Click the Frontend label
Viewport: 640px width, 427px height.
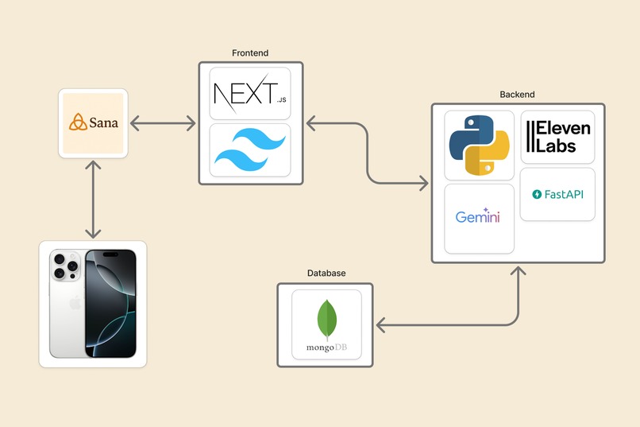click(x=250, y=53)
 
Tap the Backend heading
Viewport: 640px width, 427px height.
click(x=517, y=95)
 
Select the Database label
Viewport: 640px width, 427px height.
click(x=326, y=273)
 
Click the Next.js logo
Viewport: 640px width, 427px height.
click(x=250, y=94)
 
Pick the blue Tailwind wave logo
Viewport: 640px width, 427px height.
click(x=250, y=150)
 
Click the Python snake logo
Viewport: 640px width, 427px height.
click(x=479, y=145)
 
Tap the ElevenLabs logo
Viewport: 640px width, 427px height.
click(x=558, y=137)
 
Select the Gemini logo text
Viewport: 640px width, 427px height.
click(x=477, y=215)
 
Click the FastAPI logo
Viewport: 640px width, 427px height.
click(x=557, y=195)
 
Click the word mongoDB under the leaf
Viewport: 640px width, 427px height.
click(x=326, y=347)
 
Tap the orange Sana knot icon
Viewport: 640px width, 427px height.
click(x=78, y=122)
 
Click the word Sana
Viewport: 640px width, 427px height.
click(x=104, y=122)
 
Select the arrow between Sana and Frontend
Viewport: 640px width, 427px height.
click(x=163, y=123)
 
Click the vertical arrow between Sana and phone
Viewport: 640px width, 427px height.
click(x=94, y=200)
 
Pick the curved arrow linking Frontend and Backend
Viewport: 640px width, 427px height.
click(x=368, y=153)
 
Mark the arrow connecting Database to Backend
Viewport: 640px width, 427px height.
click(x=469, y=325)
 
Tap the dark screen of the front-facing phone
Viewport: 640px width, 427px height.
click(x=110, y=303)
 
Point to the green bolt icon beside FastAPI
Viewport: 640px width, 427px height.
click(x=537, y=195)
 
